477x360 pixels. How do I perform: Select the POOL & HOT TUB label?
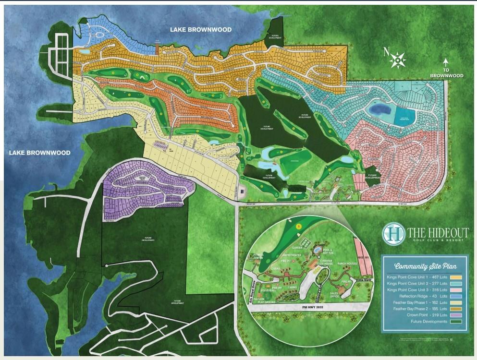[x=329, y=251]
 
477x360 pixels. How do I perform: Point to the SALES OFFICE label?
[x=337, y=294]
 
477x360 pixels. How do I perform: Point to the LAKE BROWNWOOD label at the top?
[x=201, y=30]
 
